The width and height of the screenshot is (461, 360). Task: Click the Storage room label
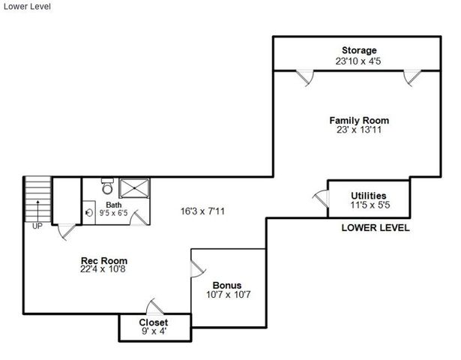pos(355,50)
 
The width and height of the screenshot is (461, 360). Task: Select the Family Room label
pos(359,120)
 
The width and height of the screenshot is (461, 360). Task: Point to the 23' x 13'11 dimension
pos(359,130)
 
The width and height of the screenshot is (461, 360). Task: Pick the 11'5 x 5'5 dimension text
pos(368,204)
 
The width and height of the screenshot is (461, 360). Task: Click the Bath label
pos(114,205)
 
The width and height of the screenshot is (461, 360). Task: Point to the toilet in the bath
pos(106,184)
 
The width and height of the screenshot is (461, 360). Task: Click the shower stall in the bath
pos(133,187)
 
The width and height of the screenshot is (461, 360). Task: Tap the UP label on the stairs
pos(37,224)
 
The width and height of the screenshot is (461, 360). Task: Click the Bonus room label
pos(227,285)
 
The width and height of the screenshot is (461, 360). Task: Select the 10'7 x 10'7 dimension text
pos(227,294)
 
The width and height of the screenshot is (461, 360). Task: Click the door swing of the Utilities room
pos(321,198)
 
